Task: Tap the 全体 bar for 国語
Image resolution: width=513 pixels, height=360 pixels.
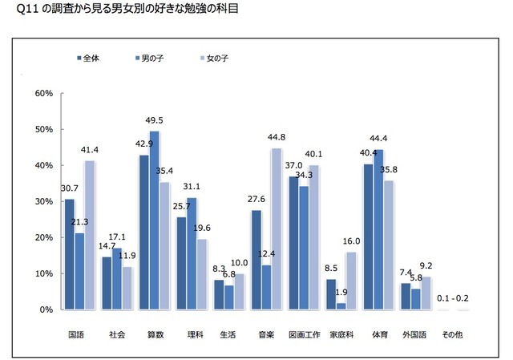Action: point(69,254)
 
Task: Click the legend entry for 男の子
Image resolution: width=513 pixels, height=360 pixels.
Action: point(149,59)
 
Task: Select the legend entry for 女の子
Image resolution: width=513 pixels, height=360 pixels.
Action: point(214,59)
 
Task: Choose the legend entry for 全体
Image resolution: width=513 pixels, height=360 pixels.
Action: point(86,59)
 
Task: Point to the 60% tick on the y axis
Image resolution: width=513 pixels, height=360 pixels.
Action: point(43,94)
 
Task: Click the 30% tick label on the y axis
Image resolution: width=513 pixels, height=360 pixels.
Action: point(43,202)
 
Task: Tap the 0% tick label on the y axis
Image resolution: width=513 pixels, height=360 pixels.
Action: point(46,309)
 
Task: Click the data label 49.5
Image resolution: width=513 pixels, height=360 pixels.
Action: point(155,121)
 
